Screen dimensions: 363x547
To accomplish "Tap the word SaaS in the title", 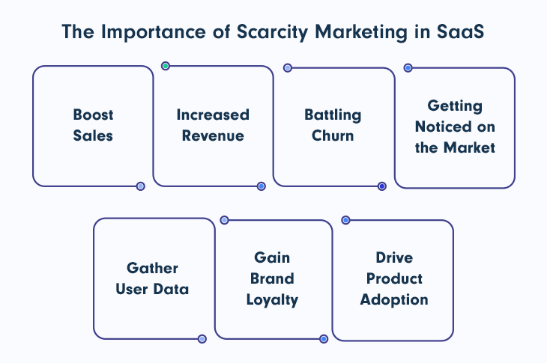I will pos(462,33).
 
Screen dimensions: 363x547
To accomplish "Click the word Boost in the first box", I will pos(93,115).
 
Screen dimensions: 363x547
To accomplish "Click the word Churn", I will pos(333,136).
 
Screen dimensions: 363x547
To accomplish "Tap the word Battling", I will pos(333,115).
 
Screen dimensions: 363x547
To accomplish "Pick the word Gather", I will pos(152,268).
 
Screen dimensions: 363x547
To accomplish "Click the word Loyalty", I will pos(273,300).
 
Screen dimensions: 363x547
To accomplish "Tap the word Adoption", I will pos(394,299).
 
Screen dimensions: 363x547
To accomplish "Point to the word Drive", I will pos(394,257).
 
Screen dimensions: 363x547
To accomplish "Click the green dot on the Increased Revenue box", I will pos(166,66).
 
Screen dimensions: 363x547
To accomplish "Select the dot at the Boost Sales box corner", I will pos(140,186).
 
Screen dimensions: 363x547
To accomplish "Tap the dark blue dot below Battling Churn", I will pos(381,186).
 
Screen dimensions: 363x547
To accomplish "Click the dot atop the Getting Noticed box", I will pos(408,67).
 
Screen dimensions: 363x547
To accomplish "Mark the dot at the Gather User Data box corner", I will pos(202,339).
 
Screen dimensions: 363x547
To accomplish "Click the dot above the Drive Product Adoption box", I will pos(345,220).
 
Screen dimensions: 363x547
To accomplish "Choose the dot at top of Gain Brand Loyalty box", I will pos(224,220).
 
